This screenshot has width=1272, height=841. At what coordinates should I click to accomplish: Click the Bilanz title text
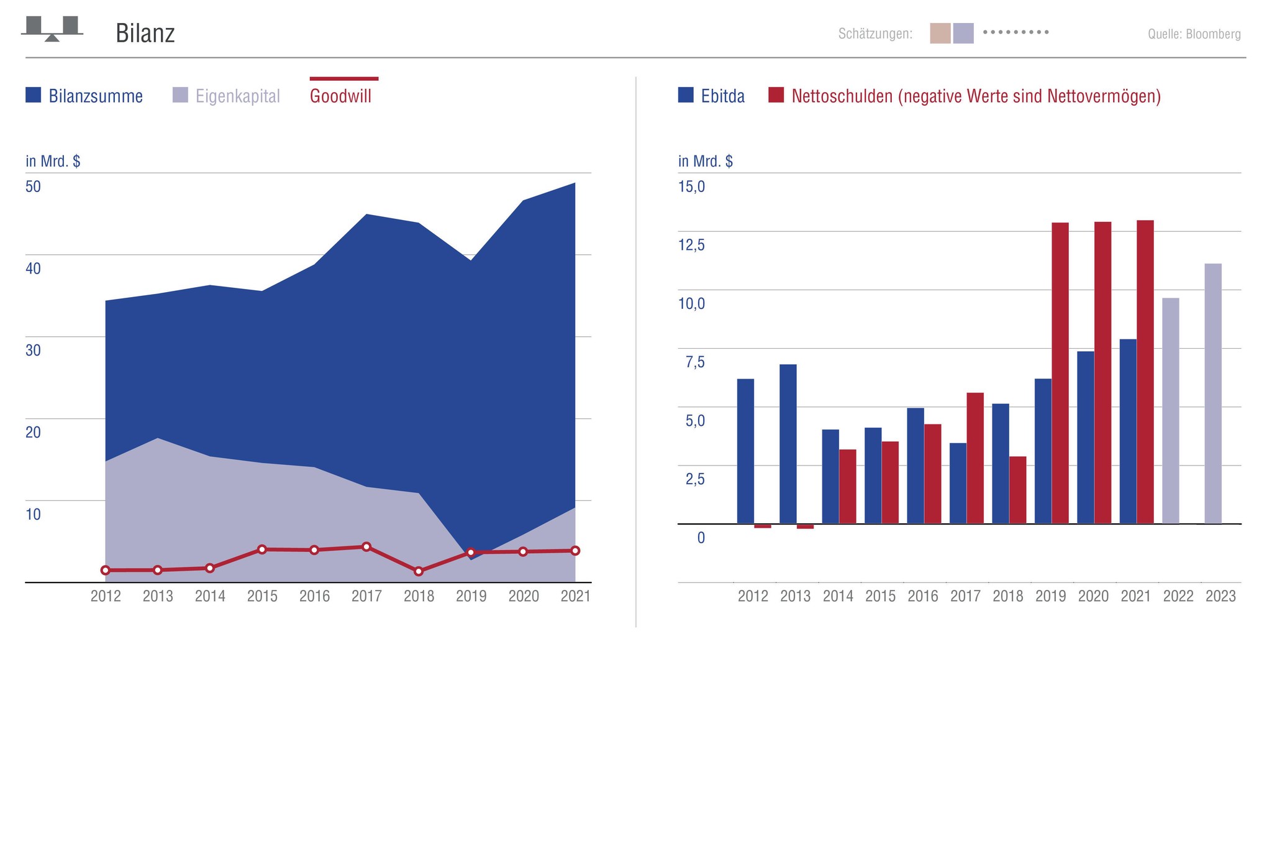145,33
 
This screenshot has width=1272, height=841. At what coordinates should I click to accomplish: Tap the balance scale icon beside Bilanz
52,29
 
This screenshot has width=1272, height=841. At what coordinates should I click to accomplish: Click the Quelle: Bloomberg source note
1194,34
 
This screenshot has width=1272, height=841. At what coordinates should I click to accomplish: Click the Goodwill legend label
340,96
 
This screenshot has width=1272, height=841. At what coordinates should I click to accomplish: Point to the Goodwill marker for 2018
419,571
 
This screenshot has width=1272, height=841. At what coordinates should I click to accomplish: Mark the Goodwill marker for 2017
366,547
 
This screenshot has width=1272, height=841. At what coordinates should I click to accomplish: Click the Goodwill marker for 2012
106,570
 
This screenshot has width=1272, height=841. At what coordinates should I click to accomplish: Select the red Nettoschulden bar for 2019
1060,373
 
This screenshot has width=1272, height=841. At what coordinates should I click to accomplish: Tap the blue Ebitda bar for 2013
788,444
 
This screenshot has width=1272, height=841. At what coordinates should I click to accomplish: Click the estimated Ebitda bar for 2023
1212,393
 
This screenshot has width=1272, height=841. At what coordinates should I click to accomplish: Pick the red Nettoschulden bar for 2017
975,458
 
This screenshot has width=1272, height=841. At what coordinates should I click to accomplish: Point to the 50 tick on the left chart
33,186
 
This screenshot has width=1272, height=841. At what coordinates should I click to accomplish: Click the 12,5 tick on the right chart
691,245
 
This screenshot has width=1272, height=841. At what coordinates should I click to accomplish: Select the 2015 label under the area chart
262,597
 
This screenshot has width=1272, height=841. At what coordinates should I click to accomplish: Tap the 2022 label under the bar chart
1178,597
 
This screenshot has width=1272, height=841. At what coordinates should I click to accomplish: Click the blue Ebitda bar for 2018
1000,464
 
